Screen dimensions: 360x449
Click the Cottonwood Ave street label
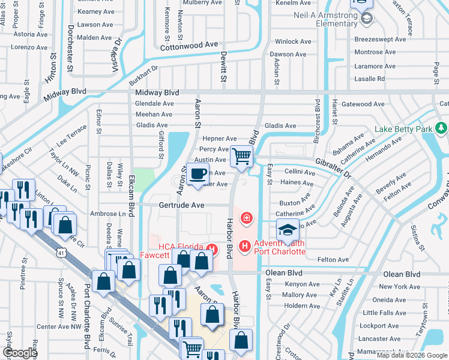188,45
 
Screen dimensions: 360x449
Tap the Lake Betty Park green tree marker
442,128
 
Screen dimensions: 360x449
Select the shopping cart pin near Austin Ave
241,156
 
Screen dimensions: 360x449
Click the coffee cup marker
197,174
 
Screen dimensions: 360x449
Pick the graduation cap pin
288,230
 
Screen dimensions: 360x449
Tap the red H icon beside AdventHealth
244,246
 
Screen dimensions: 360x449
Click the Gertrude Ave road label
182,205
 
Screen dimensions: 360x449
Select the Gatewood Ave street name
363,104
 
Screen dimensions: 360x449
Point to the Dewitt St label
223,66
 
